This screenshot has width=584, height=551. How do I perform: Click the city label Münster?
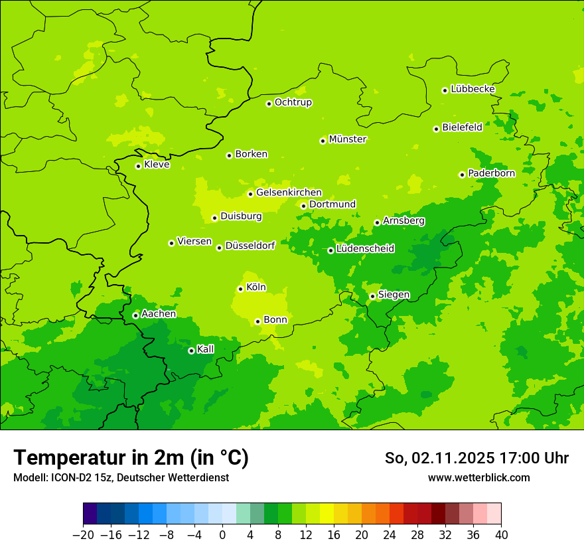click(x=348, y=139)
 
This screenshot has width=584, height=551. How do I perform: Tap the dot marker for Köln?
click(x=240, y=289)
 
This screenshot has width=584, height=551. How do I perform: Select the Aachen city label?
click(x=159, y=314)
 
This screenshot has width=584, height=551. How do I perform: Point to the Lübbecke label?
click(x=473, y=89)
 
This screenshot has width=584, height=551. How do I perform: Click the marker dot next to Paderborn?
click(x=462, y=175)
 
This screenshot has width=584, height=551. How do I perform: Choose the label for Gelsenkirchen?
click(x=289, y=193)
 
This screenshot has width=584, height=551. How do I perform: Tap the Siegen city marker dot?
click(x=372, y=296)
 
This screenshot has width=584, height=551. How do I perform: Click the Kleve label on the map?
click(x=157, y=165)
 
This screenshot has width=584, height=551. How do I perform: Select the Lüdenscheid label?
click(x=365, y=249)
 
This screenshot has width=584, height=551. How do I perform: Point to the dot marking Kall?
click(x=191, y=351)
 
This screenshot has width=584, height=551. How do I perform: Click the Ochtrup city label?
click(x=293, y=102)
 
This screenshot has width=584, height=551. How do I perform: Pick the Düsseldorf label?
click(x=250, y=246)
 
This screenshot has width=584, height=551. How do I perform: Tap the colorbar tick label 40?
click(x=501, y=535)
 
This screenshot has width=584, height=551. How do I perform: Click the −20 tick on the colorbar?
click(x=83, y=535)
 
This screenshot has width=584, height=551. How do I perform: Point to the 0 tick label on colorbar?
click(x=222, y=535)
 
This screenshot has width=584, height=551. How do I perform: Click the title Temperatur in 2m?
click(x=131, y=458)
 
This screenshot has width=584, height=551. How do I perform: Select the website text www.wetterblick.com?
click(x=478, y=477)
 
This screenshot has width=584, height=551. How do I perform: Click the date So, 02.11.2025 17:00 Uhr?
click(x=476, y=458)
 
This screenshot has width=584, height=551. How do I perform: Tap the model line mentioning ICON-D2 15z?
click(x=121, y=477)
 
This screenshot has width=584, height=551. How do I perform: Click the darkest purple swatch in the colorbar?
click(x=90, y=514)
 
